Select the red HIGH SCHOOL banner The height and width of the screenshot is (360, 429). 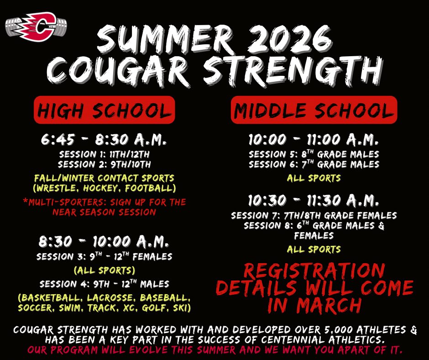coord(105,110)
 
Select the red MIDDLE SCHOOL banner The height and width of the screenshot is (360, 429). coord(314,110)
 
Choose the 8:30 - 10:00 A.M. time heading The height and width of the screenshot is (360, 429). coord(104,240)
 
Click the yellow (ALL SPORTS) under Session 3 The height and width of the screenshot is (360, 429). coord(105,269)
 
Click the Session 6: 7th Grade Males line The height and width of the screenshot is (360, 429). coord(314,164)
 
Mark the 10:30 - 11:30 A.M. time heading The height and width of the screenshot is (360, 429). coord(314,200)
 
